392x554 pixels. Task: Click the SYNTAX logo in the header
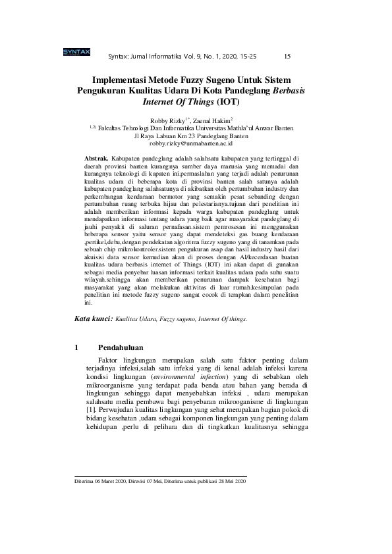(x=76, y=52)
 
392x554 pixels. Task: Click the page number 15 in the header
(x=288, y=57)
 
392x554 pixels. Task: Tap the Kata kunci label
(x=92, y=318)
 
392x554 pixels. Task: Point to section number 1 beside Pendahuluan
(x=77, y=347)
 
